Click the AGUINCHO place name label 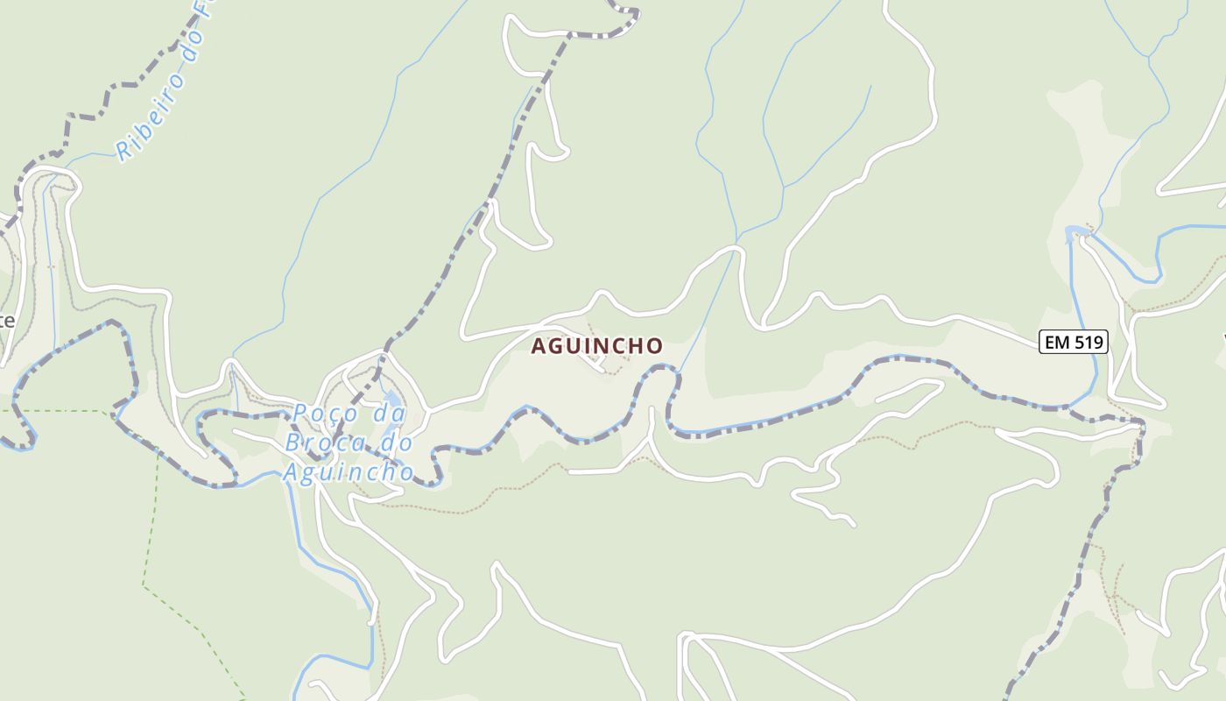point(597,346)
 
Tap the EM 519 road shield point(1074,342)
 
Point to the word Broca point(318,443)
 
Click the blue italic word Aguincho point(348,472)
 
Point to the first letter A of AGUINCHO point(539,346)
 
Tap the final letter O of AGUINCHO point(654,346)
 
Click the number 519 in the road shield point(1089,342)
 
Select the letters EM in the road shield point(1058,342)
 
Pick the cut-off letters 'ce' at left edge point(6,321)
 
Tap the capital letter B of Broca point(293,443)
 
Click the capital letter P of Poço point(300,413)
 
